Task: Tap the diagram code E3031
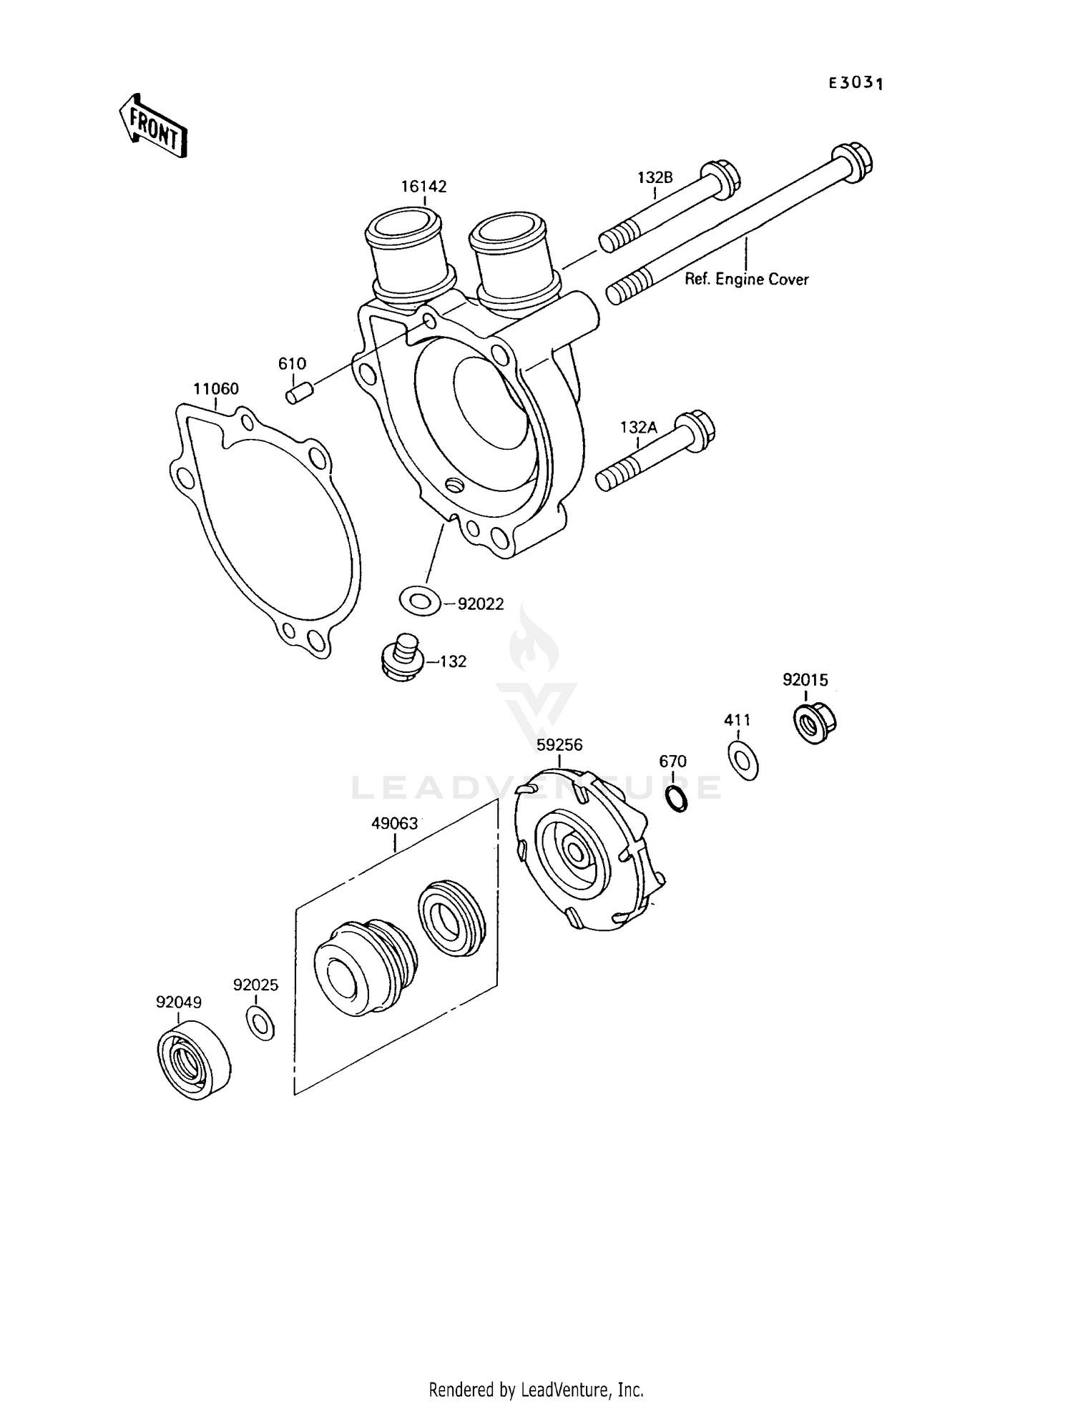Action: [856, 83]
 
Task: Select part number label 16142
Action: [423, 187]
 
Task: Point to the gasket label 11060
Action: [215, 389]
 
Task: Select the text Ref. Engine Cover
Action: [746, 280]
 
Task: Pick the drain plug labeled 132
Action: [401, 656]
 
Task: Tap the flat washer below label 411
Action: [743, 761]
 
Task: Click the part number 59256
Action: [559, 745]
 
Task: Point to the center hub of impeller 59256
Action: [574, 850]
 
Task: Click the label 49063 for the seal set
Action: [394, 823]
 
